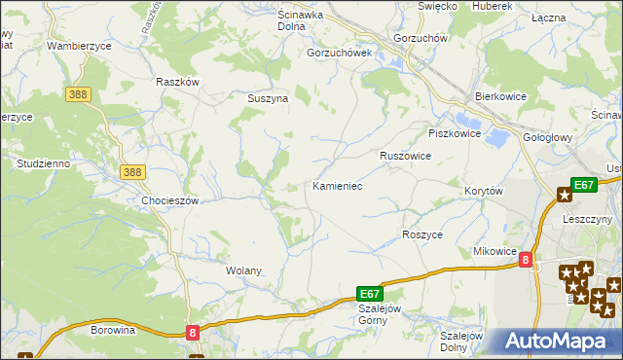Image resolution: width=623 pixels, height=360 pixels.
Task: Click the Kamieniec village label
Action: click(x=337, y=185)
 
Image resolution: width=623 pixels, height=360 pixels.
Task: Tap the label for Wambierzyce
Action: click(x=79, y=46)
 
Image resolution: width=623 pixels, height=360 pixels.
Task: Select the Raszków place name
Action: click(x=177, y=82)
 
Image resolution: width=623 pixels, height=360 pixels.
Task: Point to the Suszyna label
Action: click(x=266, y=98)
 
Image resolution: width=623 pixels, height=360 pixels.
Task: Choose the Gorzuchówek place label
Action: click(x=340, y=54)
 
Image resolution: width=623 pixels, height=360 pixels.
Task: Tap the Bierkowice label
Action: click(x=499, y=98)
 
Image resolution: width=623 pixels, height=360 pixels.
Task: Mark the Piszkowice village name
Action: click(x=455, y=133)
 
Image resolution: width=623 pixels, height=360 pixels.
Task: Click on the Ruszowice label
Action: click(x=405, y=155)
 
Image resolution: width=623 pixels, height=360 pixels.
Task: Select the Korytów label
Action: click(x=484, y=192)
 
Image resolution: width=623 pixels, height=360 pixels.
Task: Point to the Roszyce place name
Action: click(x=422, y=235)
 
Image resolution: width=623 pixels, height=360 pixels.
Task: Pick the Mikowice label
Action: click(x=495, y=251)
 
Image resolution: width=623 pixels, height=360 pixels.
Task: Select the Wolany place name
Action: click(x=243, y=270)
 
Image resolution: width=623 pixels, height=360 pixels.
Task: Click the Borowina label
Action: click(x=112, y=330)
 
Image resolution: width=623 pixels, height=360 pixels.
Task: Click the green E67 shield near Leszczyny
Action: click(x=583, y=185)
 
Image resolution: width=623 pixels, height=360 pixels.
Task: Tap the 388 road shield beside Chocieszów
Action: click(x=133, y=172)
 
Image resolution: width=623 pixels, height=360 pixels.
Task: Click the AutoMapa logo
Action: click(x=556, y=342)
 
